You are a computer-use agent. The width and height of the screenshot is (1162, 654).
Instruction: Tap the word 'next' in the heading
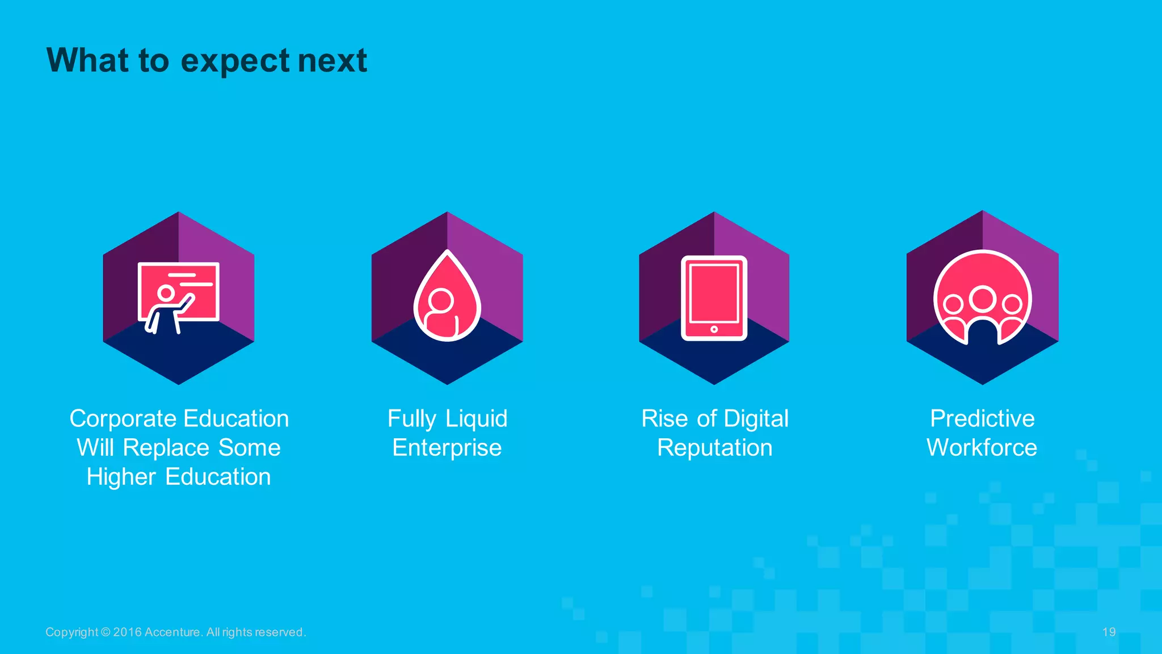(x=332, y=61)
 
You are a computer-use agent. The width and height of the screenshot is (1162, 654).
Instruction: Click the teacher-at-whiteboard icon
(x=178, y=297)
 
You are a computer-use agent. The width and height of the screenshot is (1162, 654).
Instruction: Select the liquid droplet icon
(x=447, y=297)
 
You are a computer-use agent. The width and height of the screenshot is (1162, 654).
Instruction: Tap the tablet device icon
(x=714, y=298)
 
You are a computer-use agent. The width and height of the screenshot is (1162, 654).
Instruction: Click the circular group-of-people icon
(x=982, y=298)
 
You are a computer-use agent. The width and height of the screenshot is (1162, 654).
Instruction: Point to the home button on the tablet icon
(x=714, y=329)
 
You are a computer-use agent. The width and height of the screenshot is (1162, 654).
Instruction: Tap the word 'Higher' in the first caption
(x=121, y=477)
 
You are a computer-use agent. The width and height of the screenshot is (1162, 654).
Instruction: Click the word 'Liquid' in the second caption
(x=476, y=419)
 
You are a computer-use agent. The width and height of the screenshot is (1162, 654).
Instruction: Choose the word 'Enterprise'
(x=447, y=448)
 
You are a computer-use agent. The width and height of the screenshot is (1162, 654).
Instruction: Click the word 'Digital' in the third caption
(x=756, y=419)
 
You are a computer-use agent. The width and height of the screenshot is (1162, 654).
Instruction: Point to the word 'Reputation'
(x=714, y=448)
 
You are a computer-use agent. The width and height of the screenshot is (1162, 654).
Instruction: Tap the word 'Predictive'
(x=982, y=419)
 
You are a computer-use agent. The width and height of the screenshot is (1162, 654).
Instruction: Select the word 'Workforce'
(x=982, y=448)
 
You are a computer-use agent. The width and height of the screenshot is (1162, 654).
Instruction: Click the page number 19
(x=1109, y=632)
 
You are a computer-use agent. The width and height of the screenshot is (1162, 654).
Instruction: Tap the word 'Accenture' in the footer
(x=172, y=632)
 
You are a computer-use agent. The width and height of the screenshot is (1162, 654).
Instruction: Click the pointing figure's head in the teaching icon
(x=166, y=294)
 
